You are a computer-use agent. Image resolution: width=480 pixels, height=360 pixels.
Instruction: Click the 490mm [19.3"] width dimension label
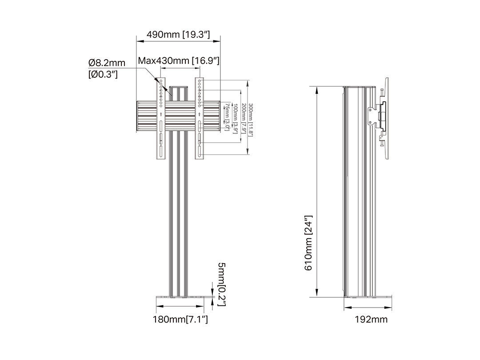click(x=178, y=34)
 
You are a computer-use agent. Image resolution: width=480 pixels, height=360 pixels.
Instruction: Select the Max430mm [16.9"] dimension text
click(x=179, y=60)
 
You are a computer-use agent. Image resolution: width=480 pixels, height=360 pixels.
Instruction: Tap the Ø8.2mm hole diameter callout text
click(x=107, y=63)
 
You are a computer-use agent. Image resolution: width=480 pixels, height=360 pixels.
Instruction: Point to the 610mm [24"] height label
click(x=308, y=243)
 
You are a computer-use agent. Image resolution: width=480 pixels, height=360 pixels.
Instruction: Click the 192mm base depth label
click(x=371, y=319)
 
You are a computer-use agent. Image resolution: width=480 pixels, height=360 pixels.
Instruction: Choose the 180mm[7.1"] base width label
click(x=180, y=319)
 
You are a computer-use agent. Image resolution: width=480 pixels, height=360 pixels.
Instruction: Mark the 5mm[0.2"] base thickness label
click(x=222, y=284)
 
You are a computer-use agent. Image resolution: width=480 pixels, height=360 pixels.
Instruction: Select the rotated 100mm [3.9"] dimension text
click(x=235, y=119)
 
